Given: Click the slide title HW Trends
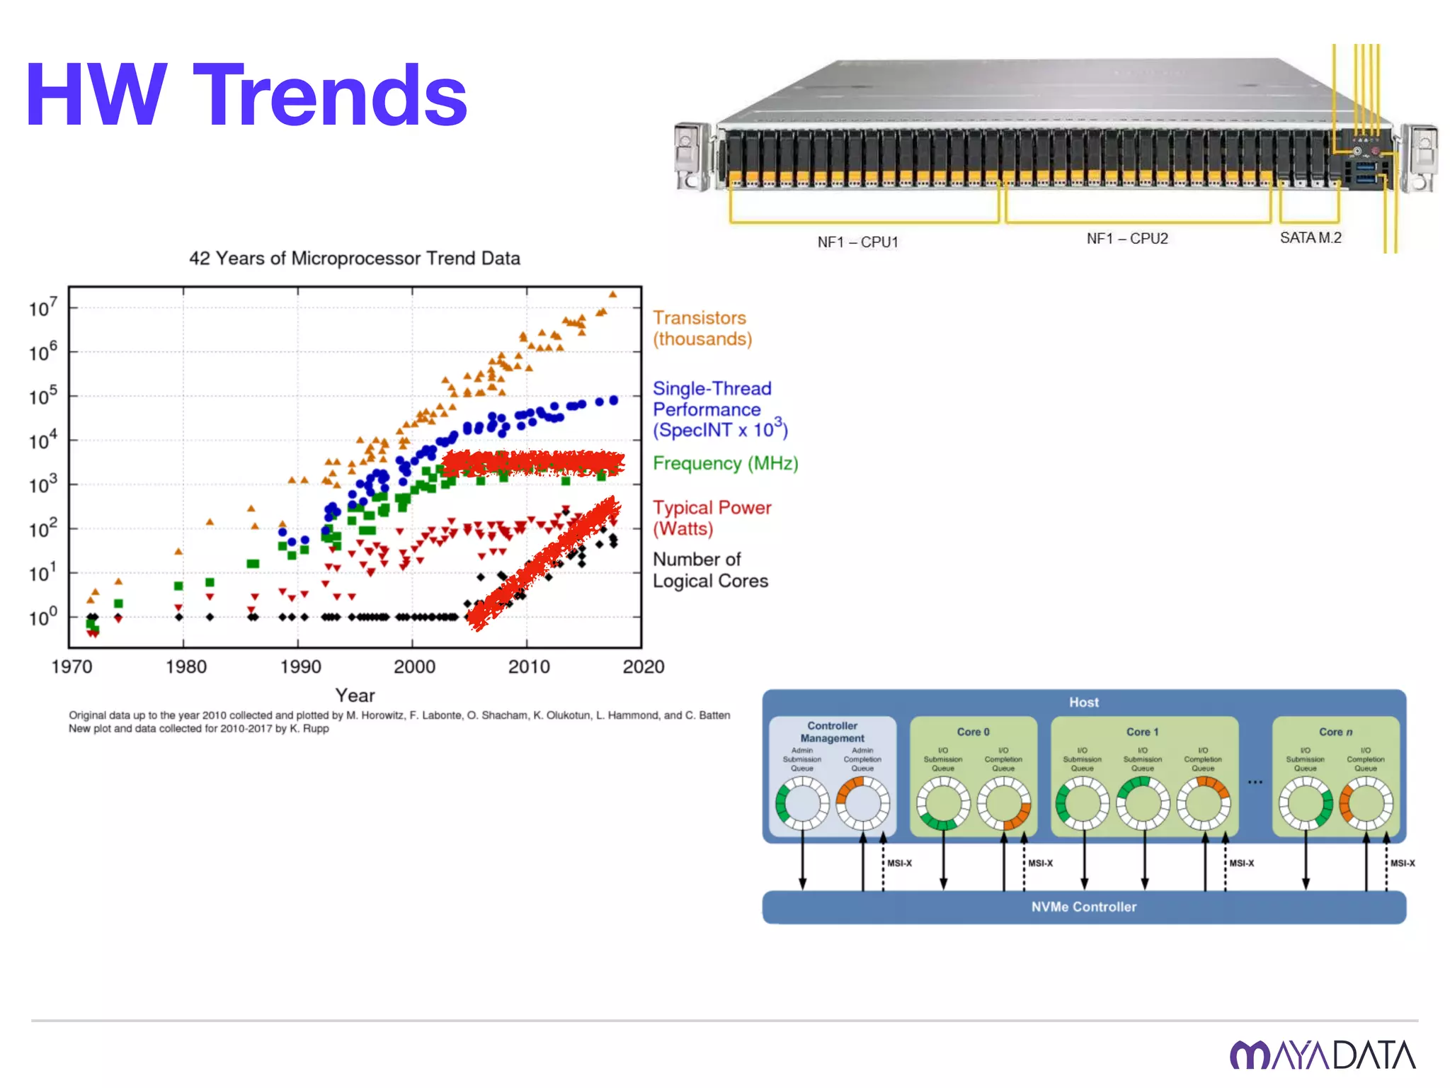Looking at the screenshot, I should pos(246,96).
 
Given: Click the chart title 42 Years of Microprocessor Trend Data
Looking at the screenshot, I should pos(354,259).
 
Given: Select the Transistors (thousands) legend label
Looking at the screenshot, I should pos(701,328).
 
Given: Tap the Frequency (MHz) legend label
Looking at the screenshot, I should pos(725,463).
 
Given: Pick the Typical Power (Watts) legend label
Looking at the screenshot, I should pos(711,518).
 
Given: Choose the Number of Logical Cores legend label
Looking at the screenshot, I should pos(709,570).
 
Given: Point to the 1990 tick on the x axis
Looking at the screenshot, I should pos(300,667).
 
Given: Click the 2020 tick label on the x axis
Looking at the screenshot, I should pos(643,667).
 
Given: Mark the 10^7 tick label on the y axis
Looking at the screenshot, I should pos(42,308).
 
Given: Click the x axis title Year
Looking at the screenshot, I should pos(355,696).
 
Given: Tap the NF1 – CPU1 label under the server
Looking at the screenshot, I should pos(857,242).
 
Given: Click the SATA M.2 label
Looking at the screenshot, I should pos(1311,238).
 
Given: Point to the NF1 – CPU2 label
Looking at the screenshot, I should pos(1127,239).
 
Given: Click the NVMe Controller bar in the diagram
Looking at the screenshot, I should pos(1083,907).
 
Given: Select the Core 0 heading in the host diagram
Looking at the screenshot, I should pos(973,732).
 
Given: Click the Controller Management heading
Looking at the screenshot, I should pos(832,732).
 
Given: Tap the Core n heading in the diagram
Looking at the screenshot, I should pos(1335,732).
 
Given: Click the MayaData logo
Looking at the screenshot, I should pos(1322,1055).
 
